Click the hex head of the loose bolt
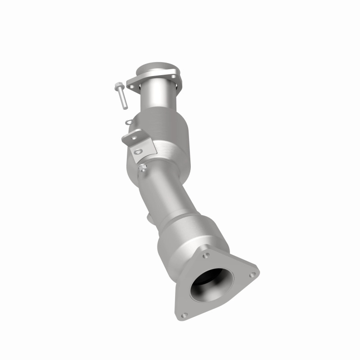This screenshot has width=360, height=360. click(x=118, y=85)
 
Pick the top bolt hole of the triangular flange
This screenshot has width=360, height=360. click(x=206, y=255)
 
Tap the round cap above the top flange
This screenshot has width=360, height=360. click(x=159, y=70)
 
